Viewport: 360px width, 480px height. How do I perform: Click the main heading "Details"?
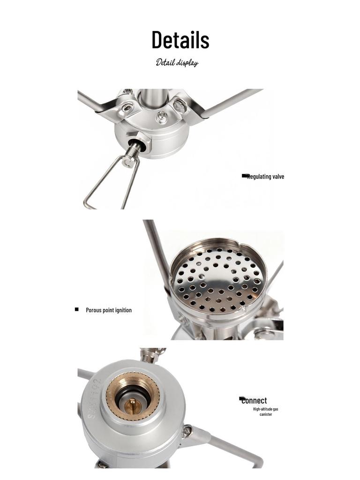tap(180, 40)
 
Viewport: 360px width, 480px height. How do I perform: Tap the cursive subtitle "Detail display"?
tap(177, 63)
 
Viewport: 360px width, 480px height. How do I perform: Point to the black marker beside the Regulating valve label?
tap(245, 176)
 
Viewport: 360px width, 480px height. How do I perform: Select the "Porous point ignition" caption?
tap(109, 310)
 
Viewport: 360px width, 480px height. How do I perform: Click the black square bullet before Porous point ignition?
tap(76, 309)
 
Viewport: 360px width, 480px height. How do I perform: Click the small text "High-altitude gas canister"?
tap(266, 412)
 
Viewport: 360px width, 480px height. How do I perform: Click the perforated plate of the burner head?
tap(217, 281)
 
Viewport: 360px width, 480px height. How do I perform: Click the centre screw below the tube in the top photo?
tap(161, 117)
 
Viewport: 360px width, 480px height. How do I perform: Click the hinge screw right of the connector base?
tap(187, 431)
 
